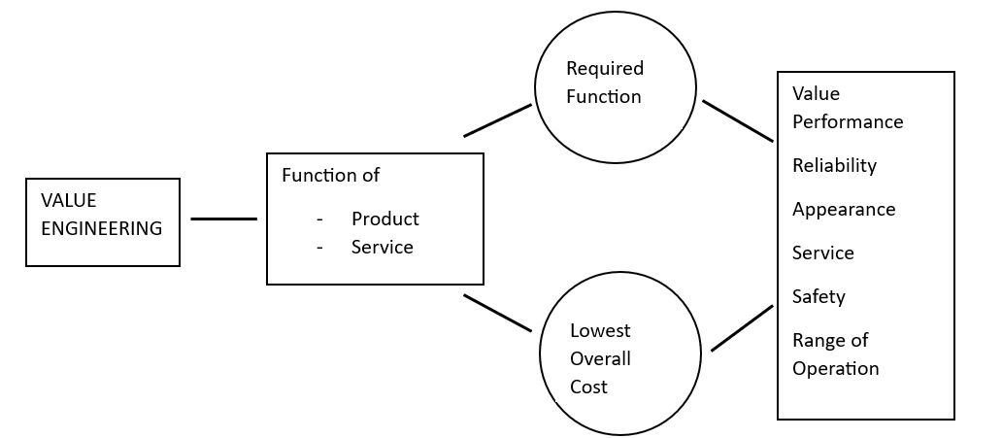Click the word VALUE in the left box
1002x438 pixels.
click(x=68, y=200)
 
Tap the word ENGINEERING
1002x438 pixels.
click(x=102, y=229)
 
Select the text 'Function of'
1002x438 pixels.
click(x=330, y=176)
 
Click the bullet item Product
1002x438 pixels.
click(x=385, y=219)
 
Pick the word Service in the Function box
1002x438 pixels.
click(x=383, y=248)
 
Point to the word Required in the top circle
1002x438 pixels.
click(x=605, y=68)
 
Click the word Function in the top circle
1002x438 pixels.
click(x=604, y=96)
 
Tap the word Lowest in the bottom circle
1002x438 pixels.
click(x=600, y=330)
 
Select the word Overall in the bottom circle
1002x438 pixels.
click(x=600, y=358)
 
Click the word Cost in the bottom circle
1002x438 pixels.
click(x=588, y=387)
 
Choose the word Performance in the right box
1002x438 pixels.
click(x=848, y=122)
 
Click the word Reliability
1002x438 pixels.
click(x=834, y=165)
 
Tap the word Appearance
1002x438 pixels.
click(x=844, y=210)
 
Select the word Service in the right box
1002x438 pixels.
click(x=823, y=253)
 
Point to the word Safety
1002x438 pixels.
click(x=818, y=296)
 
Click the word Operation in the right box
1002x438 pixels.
click(x=835, y=369)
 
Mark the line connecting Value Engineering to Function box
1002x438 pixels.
click(x=223, y=219)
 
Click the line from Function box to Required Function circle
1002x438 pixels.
click(x=497, y=120)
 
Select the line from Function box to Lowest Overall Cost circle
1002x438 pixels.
click(x=497, y=313)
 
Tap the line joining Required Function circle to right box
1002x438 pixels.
click(x=738, y=120)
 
